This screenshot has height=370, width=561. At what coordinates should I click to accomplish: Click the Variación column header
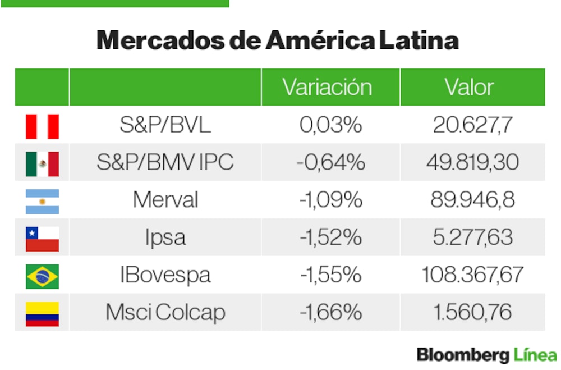327,87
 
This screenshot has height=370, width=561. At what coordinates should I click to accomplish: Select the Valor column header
469,87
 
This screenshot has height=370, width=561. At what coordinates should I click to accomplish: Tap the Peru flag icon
42,125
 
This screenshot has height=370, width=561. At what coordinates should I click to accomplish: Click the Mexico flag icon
42,163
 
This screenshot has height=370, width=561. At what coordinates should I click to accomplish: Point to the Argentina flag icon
42,200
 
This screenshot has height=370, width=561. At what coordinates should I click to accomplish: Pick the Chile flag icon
42,238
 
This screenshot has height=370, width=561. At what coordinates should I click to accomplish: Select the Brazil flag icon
42,276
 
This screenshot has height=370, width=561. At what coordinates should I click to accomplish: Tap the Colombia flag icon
42,313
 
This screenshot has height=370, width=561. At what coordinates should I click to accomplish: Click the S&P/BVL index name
165,125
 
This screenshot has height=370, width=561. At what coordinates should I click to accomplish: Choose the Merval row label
165,200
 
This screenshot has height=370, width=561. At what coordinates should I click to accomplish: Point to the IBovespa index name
165,275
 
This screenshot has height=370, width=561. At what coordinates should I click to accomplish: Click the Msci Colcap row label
165,313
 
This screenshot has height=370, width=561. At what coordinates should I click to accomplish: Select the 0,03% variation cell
330,125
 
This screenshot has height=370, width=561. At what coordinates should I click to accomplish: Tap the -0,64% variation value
330,163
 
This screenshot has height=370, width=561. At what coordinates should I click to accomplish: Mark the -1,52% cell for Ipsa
330,238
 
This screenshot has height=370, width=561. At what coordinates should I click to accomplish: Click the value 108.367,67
472,275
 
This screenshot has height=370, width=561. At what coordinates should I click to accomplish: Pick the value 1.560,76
472,313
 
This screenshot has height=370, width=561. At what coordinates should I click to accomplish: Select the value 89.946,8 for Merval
472,200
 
